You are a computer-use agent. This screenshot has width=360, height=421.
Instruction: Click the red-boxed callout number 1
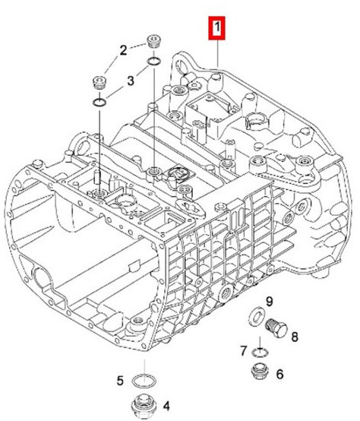[216, 27]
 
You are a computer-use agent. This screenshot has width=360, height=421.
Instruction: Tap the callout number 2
[123, 50]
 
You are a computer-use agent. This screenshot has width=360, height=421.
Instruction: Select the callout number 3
[131, 81]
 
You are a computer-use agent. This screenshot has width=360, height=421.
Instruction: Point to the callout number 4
[166, 407]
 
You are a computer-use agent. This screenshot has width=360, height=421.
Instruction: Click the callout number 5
[120, 381]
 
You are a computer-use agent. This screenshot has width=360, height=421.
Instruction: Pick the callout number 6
[279, 374]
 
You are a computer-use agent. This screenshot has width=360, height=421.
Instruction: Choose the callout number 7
[243, 351]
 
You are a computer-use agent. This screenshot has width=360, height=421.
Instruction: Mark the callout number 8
[295, 337]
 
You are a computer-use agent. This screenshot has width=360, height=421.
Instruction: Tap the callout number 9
[269, 302]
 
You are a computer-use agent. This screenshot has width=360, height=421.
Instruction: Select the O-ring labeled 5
[144, 381]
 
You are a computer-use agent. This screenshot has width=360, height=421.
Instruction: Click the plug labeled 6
[261, 372]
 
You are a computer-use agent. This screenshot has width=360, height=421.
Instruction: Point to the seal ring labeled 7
[261, 353]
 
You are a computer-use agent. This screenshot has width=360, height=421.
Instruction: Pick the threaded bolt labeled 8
[276, 327]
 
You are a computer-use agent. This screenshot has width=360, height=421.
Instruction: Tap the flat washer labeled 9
[257, 317]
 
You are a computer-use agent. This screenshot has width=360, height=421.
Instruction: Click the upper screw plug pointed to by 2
[153, 41]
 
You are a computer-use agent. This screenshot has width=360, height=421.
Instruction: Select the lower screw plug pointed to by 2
[99, 83]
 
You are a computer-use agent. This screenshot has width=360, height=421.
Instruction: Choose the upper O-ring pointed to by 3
[154, 62]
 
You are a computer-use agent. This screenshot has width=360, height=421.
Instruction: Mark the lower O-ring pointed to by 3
[99, 102]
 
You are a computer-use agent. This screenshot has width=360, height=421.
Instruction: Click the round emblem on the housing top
[178, 173]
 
